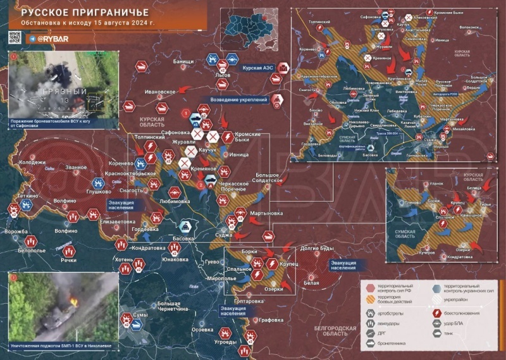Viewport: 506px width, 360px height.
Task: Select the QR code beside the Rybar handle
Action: click(15, 38)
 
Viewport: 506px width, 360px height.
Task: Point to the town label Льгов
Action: click(223, 75)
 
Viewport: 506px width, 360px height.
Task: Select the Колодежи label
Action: click(32, 162)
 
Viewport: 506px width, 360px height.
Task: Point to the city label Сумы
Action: click(140, 314)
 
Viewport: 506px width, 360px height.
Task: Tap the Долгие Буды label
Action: click(313, 247)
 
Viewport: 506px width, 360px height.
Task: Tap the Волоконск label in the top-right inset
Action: click(469, 28)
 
